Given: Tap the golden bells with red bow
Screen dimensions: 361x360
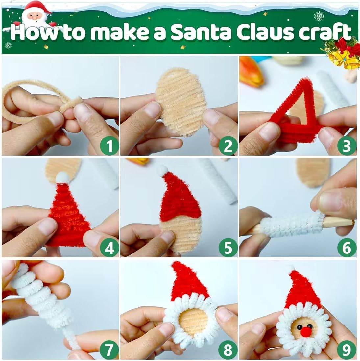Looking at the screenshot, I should (342, 54).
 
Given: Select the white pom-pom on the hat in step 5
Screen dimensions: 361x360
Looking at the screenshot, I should (162, 171).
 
